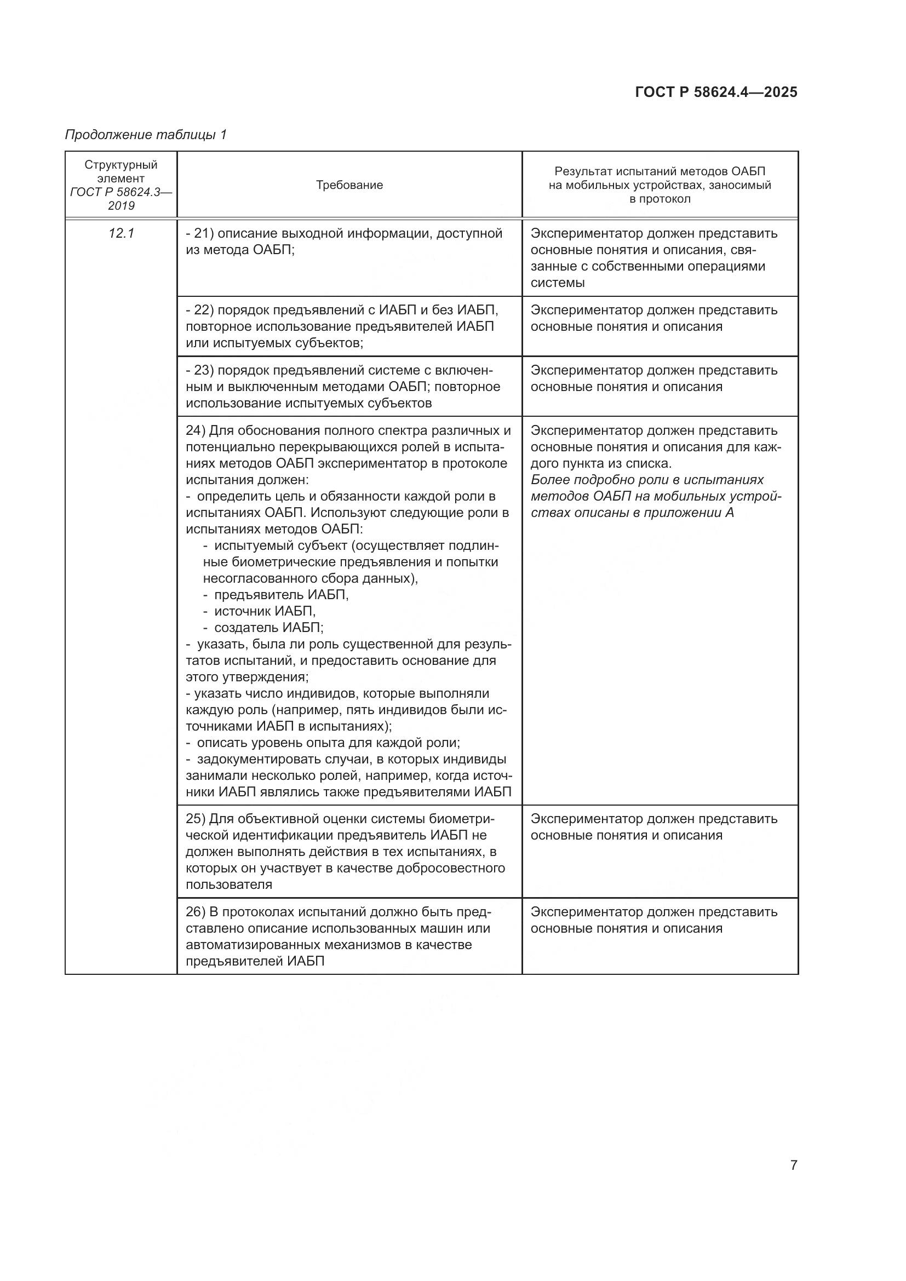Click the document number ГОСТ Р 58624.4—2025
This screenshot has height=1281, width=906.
716,93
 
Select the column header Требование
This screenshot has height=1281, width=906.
349,185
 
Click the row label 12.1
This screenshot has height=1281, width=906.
121,233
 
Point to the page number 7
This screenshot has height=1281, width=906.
793,1165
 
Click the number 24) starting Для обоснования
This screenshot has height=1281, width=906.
196,430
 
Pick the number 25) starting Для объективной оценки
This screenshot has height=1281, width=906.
196,819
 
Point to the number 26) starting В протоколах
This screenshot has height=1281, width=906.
196,912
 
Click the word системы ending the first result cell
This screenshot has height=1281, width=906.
557,283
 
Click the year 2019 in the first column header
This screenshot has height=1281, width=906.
121,206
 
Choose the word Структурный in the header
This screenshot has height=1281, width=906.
121,165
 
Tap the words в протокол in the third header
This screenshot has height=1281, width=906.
660,199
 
